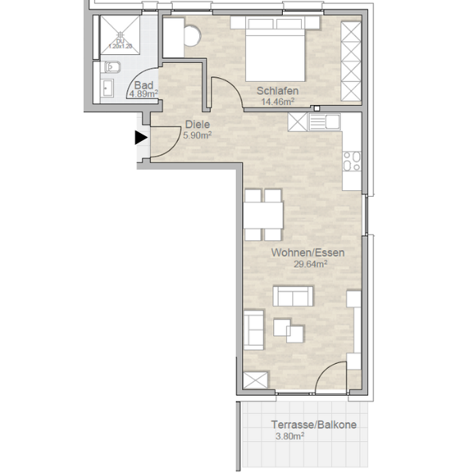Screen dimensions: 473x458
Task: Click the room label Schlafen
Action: click(277, 90)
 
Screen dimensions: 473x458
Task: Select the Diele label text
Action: click(198, 124)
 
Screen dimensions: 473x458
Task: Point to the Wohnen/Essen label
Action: click(307, 252)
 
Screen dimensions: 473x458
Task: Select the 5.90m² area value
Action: click(197, 135)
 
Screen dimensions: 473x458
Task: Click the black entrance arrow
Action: click(141, 138)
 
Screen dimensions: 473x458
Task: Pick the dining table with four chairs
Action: click(263, 214)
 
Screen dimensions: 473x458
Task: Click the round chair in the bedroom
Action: click(192, 36)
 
